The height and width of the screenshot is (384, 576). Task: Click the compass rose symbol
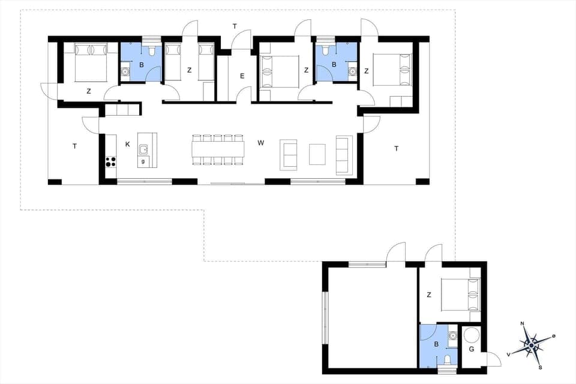coord(530,345)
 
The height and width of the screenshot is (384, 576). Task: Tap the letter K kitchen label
coord(128,144)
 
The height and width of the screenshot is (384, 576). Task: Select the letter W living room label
coord(260,143)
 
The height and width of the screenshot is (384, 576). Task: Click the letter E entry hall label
coord(242,76)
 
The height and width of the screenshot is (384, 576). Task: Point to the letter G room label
coord(471,349)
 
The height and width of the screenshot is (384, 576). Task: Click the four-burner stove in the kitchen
coord(111,161)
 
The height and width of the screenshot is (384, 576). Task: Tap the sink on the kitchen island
coord(144,149)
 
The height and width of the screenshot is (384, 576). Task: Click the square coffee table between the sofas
coord(317,154)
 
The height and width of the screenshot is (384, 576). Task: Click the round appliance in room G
coord(472,334)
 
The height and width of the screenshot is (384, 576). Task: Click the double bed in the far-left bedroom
coord(90,62)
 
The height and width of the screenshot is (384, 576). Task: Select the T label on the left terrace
coord(74,146)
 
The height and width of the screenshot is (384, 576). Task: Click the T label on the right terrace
coord(396,148)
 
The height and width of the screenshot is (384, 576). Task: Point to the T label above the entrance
coord(235,26)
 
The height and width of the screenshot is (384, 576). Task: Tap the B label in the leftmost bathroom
coord(142,64)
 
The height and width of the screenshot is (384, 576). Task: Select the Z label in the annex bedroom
coord(429,295)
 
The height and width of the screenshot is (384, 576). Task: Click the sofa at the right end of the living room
coord(344,155)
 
